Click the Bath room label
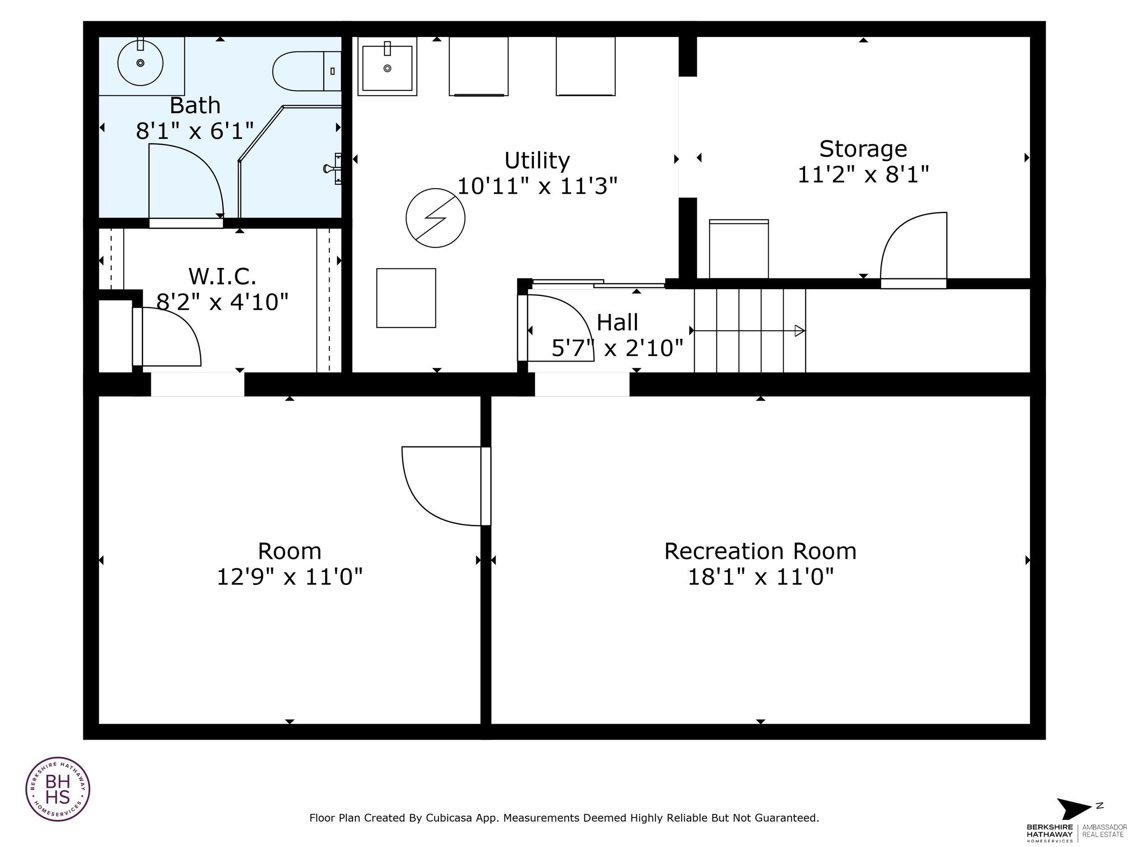tap(195, 106)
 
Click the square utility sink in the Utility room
tap(387, 67)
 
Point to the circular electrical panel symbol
tap(435, 218)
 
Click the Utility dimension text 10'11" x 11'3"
tap(537, 186)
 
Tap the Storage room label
tap(863, 149)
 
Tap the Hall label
tap(617, 323)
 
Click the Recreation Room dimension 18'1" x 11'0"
tap(760, 577)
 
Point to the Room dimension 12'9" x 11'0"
tap(289, 577)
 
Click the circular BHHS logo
tap(58, 789)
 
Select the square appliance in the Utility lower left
tap(406, 298)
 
